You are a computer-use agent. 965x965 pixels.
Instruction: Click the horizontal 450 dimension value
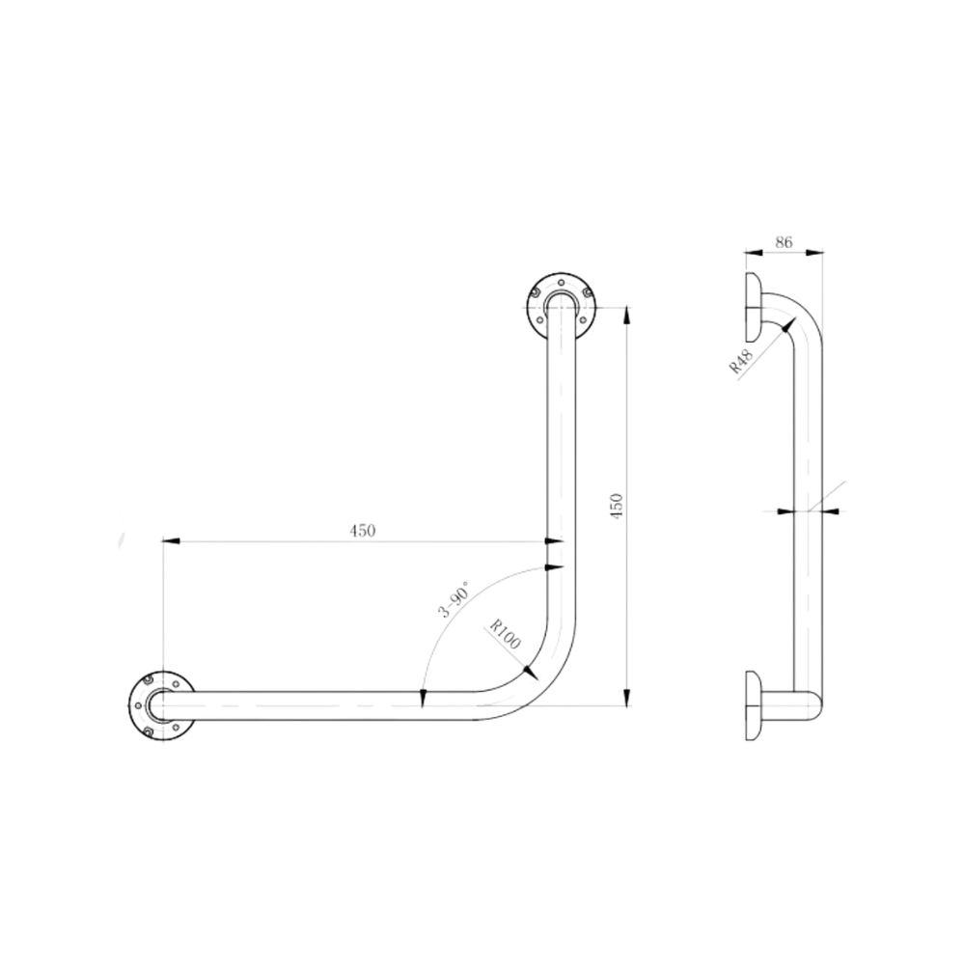click(x=362, y=530)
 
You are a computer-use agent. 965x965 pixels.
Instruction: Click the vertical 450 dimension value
click(x=619, y=506)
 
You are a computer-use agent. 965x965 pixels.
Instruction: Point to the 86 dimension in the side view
click(x=784, y=245)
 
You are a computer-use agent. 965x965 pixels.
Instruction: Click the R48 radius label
click(x=742, y=361)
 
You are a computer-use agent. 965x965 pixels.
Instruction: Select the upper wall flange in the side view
click(x=751, y=302)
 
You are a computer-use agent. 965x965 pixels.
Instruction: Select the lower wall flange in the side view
click(x=751, y=705)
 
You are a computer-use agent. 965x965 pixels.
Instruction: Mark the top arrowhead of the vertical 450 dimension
click(x=627, y=310)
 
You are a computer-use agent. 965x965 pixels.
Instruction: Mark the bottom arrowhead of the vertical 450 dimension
click(x=627, y=697)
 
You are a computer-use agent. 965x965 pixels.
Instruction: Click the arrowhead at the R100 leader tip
click(x=529, y=668)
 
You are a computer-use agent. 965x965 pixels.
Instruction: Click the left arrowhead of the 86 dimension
click(x=749, y=254)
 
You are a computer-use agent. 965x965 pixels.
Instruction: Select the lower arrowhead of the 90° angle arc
click(x=422, y=697)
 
